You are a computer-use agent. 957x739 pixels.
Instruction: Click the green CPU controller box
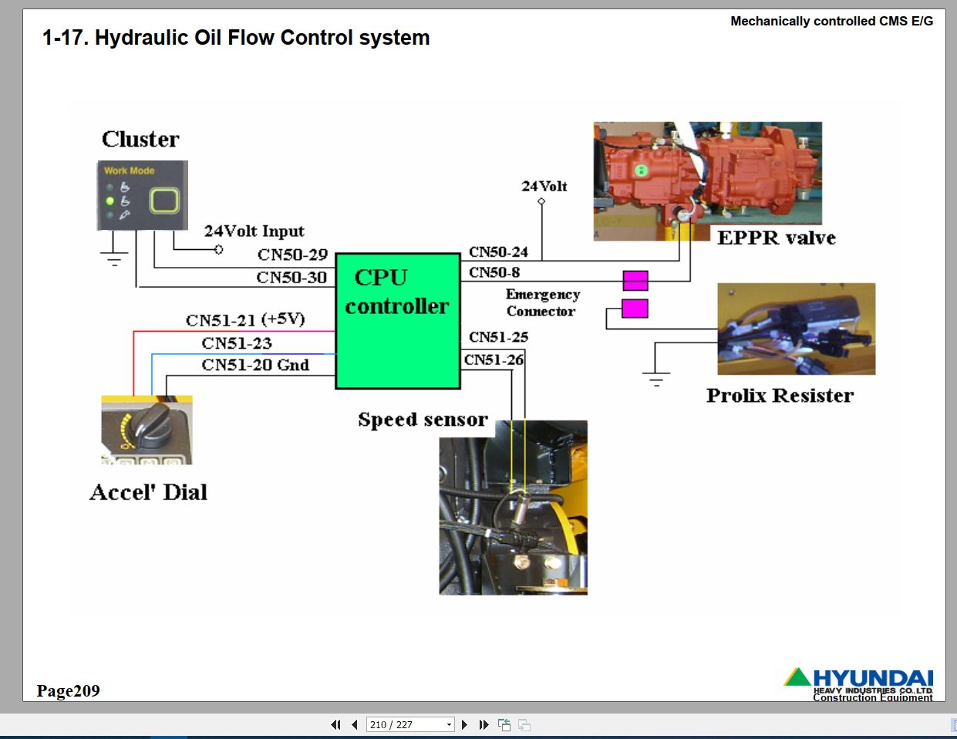click(398, 321)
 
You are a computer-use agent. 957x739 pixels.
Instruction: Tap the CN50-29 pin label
click(292, 255)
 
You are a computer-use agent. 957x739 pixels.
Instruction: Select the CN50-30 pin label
click(291, 278)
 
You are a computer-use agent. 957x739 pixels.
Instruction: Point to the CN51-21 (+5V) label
click(245, 319)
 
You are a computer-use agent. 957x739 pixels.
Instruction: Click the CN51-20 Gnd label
click(255, 365)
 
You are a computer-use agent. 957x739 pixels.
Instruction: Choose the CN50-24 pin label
click(498, 252)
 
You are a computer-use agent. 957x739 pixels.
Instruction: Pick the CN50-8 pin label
click(494, 272)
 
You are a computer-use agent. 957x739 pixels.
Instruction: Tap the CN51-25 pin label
click(498, 337)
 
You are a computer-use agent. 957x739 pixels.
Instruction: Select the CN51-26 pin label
click(494, 359)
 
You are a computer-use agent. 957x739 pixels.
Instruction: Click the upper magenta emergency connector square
click(635, 281)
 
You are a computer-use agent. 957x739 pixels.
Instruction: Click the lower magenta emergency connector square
click(635, 309)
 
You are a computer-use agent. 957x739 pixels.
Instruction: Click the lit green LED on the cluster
click(110, 201)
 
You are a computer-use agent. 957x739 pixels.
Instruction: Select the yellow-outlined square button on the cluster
click(165, 201)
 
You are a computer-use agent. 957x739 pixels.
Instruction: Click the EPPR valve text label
click(777, 238)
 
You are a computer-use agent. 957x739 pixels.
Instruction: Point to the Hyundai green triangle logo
click(797, 677)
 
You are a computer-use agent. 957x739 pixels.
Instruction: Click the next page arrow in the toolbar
click(464, 724)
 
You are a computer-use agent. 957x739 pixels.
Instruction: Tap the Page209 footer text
click(69, 690)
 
